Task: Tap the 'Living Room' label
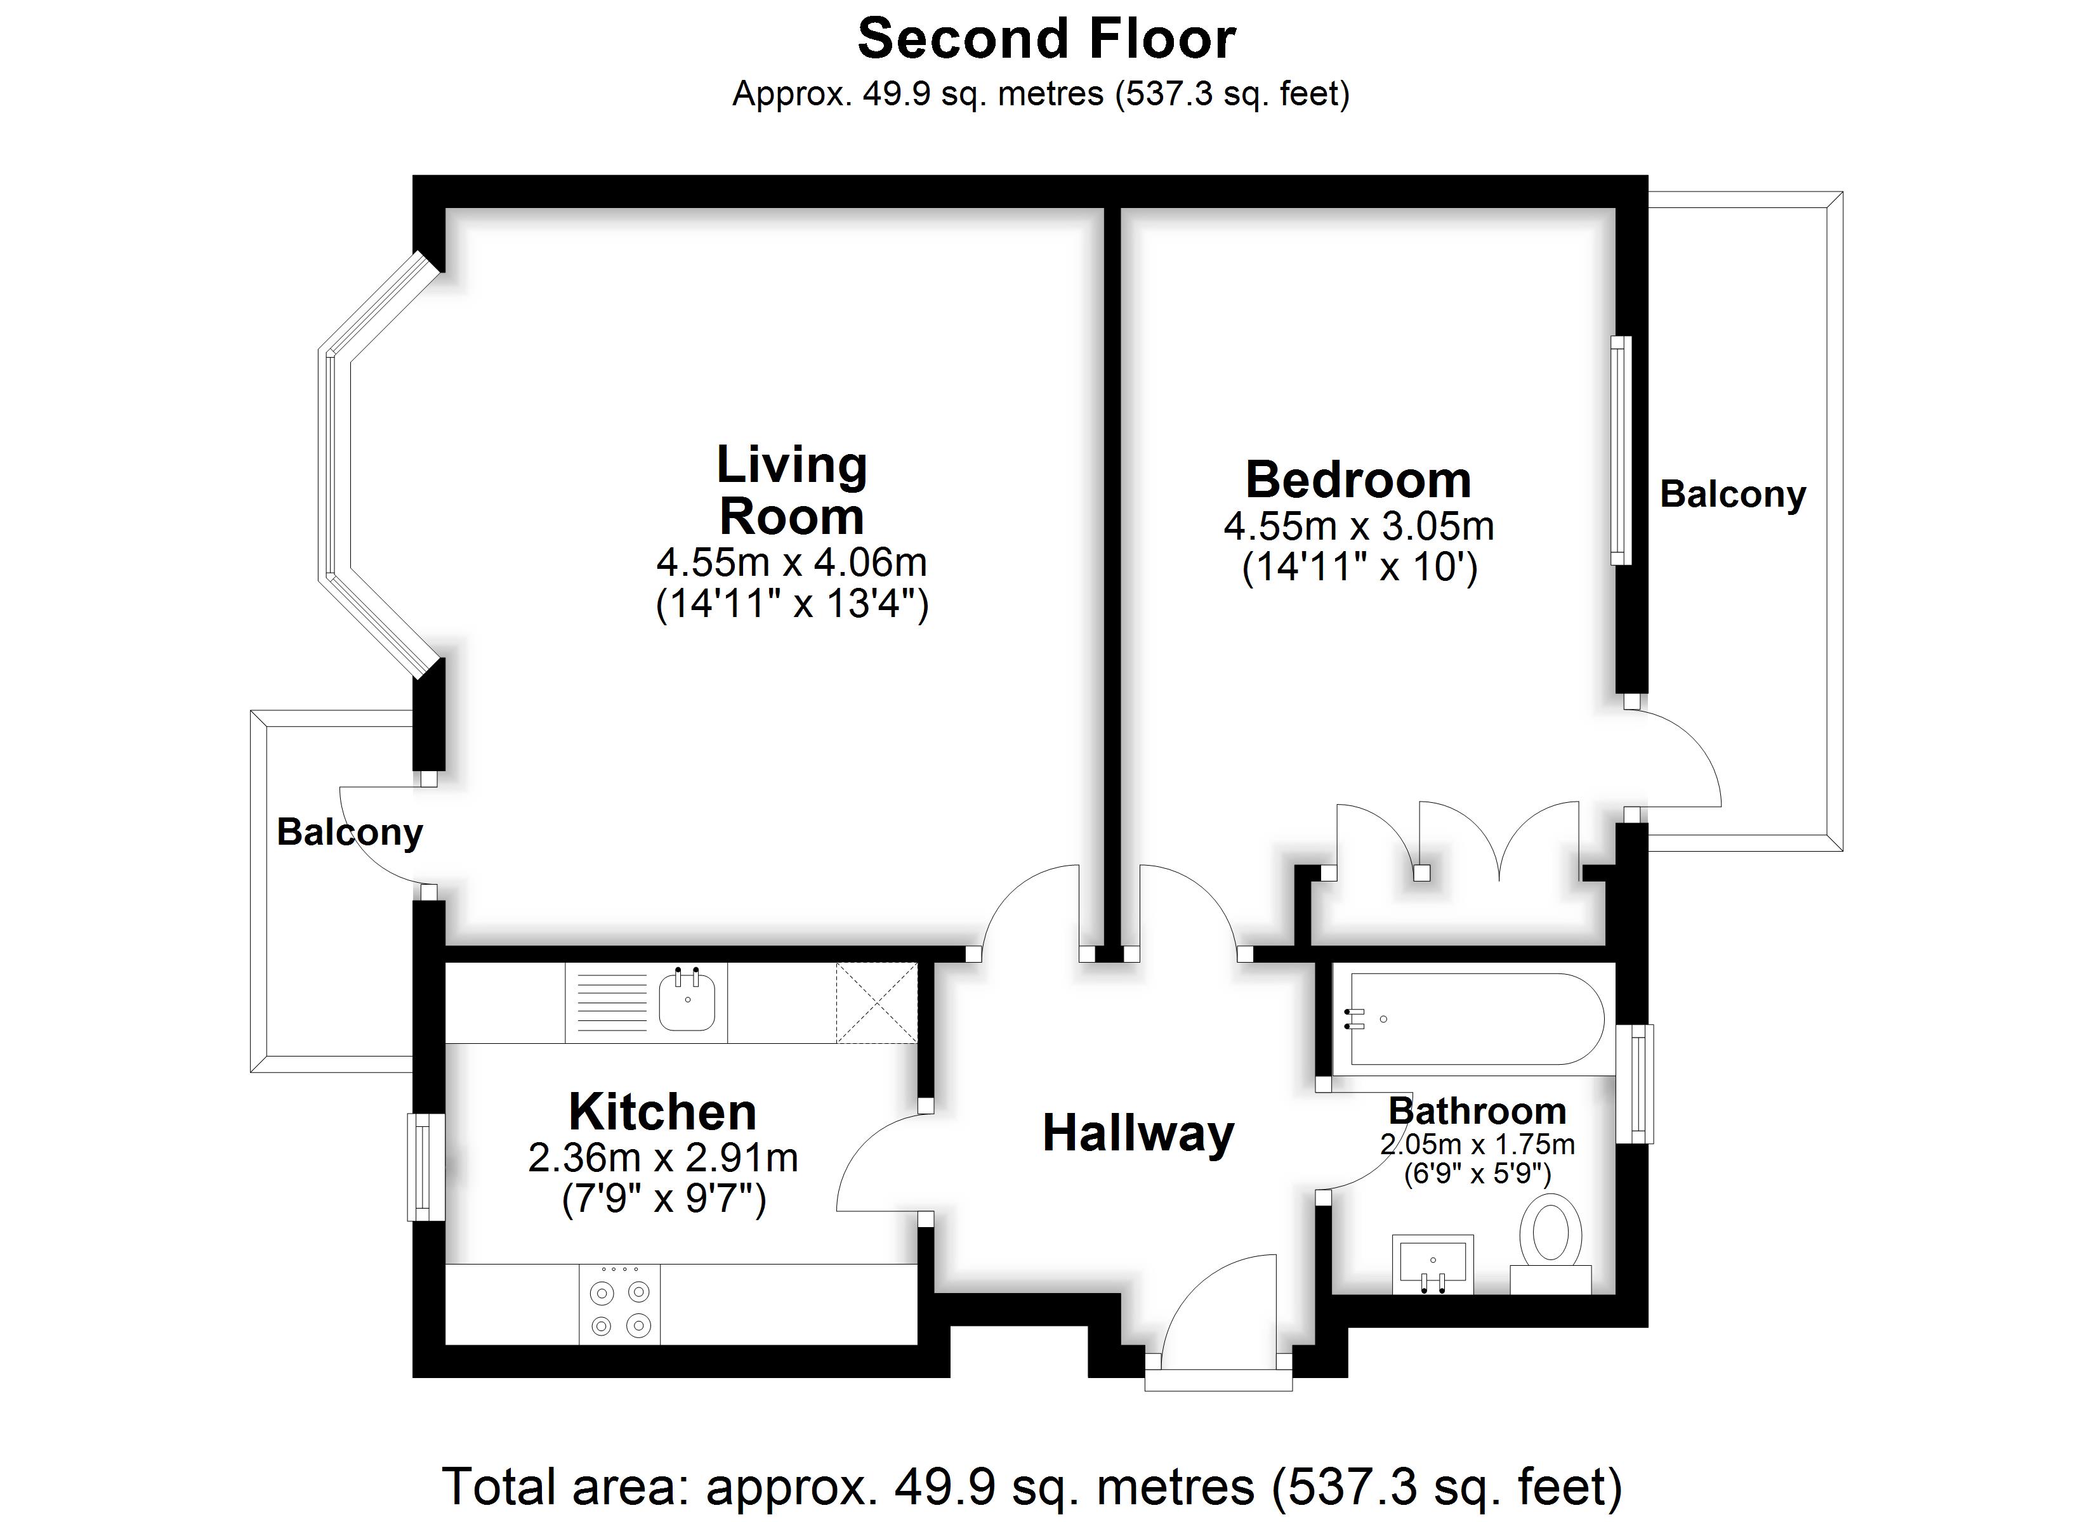(x=791, y=490)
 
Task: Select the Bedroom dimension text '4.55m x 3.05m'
(x=1358, y=526)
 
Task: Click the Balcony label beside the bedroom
(x=1732, y=495)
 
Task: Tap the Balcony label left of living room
(x=349, y=833)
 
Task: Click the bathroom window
(x=1636, y=1084)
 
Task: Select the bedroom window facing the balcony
(x=1621, y=450)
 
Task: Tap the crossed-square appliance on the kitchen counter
(x=876, y=1003)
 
